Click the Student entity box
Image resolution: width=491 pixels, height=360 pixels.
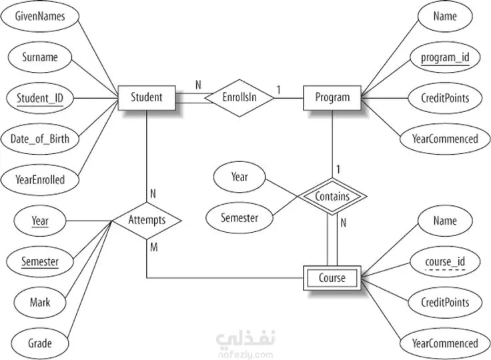point(147,98)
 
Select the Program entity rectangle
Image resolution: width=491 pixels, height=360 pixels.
point(332,98)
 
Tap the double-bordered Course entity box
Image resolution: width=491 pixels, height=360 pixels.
point(332,278)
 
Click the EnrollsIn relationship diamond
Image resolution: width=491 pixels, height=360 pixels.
point(239,98)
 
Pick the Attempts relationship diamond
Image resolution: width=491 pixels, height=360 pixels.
point(147,221)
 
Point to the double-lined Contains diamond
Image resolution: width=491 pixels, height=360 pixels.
point(332,197)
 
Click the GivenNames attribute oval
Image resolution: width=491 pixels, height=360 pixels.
point(40,16)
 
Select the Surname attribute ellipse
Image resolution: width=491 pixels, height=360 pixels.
point(40,57)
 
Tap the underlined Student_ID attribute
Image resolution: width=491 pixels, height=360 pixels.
point(40,98)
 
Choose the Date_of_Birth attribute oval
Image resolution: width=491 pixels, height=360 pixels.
point(40,139)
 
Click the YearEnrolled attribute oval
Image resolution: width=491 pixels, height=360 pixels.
point(40,180)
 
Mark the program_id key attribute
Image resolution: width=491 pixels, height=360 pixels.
point(445,57)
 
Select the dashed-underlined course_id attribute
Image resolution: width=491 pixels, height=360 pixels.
point(445,262)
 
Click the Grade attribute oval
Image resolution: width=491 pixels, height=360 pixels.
point(40,343)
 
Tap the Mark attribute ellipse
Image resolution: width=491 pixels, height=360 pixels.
point(40,303)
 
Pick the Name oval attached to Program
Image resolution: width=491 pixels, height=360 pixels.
point(445,16)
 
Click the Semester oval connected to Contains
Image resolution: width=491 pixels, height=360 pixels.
point(239,218)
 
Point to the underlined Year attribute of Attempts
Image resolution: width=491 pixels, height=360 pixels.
point(40,221)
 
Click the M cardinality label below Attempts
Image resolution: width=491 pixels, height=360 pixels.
point(153,247)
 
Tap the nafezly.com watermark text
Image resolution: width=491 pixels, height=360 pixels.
point(246,355)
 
